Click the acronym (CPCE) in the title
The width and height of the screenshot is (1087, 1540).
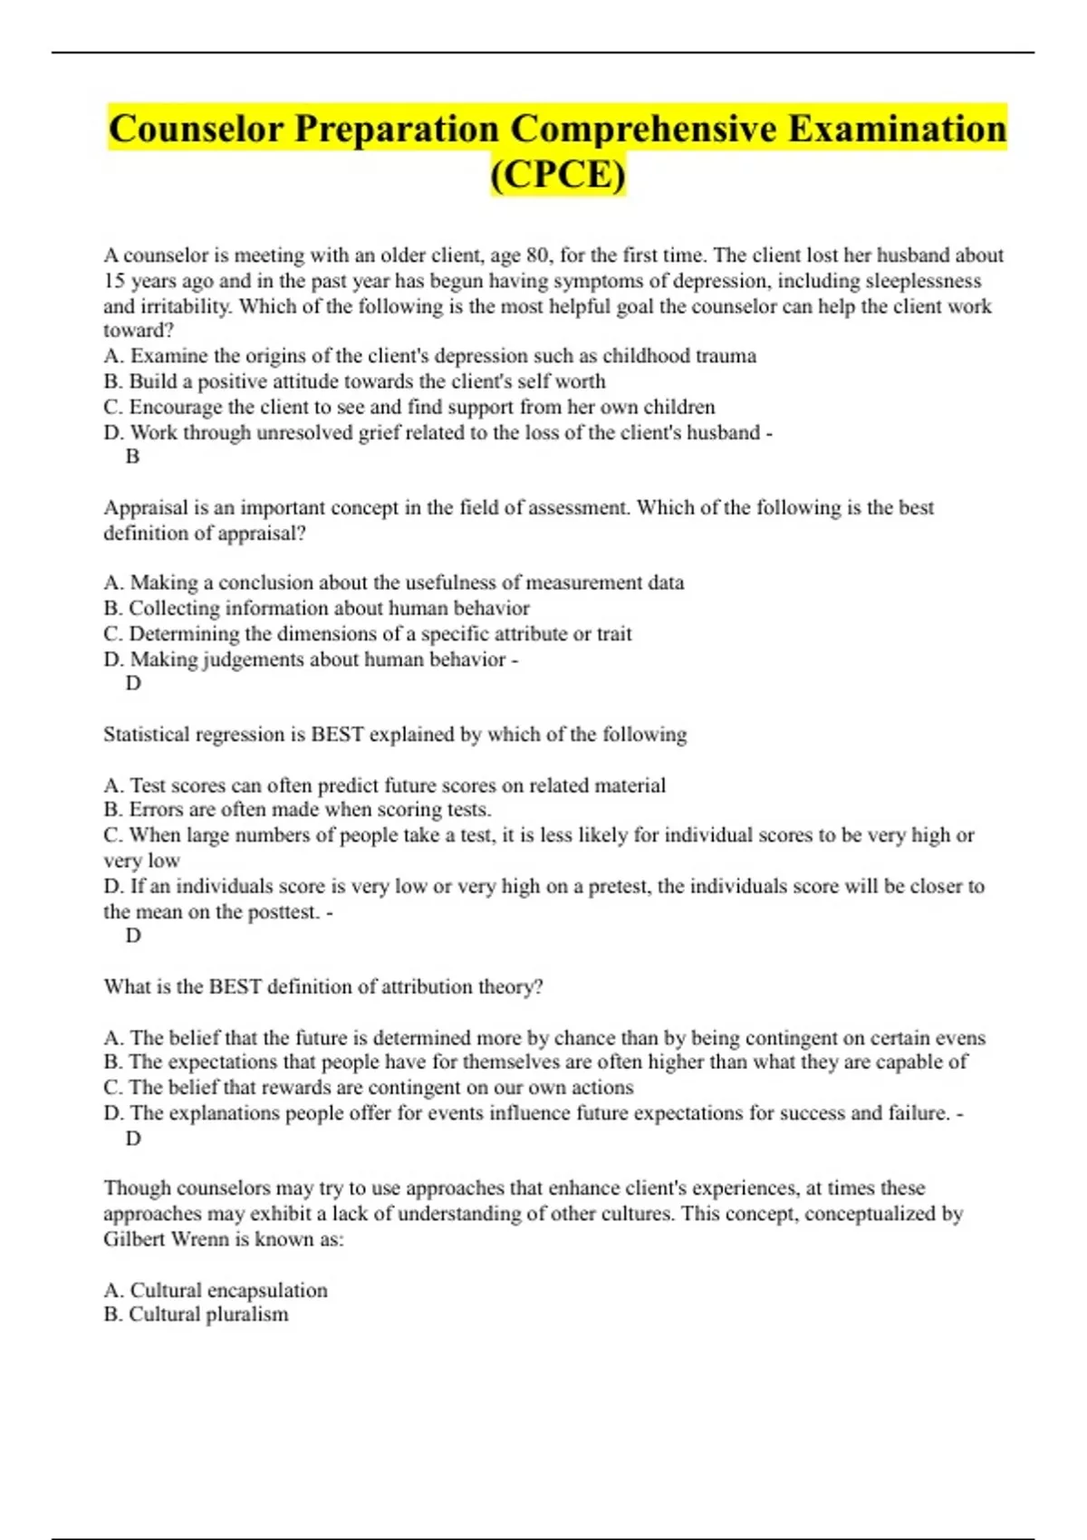click(557, 174)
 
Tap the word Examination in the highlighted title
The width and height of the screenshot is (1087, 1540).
click(897, 129)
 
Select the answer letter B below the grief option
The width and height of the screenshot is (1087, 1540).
click(132, 457)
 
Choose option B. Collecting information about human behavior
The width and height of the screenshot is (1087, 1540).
click(316, 608)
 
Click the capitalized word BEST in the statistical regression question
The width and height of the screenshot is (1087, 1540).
click(337, 734)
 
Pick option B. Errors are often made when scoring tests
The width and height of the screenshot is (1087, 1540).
click(297, 809)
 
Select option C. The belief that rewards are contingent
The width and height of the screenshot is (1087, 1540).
click(368, 1087)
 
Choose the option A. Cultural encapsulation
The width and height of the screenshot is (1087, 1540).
click(216, 1290)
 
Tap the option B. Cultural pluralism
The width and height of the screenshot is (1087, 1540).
click(196, 1314)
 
